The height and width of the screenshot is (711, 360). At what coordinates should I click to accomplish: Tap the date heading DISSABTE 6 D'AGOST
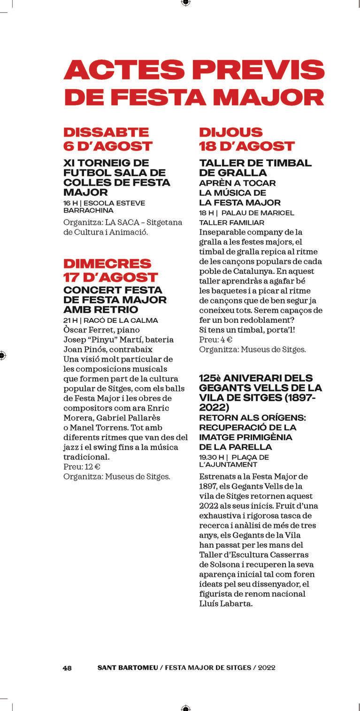pyautogui.click(x=107, y=139)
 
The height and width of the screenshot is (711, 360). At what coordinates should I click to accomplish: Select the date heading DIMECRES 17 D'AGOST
pyautogui.click(x=111, y=270)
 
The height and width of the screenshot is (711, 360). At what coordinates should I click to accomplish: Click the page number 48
pyautogui.click(x=67, y=668)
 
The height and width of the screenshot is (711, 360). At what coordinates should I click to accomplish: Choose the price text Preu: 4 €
pyautogui.click(x=215, y=340)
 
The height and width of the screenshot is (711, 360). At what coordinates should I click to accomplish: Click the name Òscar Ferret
pyautogui.click(x=84, y=330)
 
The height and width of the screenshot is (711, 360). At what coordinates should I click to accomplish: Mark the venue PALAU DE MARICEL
pyautogui.click(x=258, y=213)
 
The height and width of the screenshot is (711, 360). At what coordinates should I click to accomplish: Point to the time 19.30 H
pyautogui.click(x=211, y=457)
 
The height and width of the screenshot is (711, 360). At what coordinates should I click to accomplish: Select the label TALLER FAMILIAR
pyautogui.click(x=231, y=222)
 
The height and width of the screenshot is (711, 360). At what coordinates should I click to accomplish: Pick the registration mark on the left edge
pyautogui.click(x=2, y=355)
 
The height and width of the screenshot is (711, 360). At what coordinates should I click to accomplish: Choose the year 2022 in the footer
pyautogui.click(x=266, y=668)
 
